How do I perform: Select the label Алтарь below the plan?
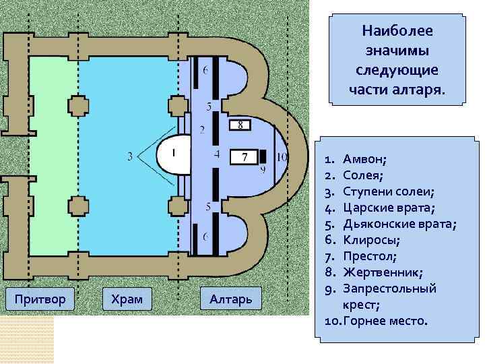(x=230, y=299)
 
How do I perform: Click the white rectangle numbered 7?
(x=245, y=158)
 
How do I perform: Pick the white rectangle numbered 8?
(x=240, y=125)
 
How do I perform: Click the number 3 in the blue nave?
(x=130, y=158)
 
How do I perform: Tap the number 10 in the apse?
(x=282, y=157)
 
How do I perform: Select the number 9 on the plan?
(x=263, y=169)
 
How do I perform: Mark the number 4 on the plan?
(x=216, y=154)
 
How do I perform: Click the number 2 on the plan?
(x=203, y=129)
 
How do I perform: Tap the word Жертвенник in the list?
(x=383, y=272)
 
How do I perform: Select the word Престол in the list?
(x=369, y=256)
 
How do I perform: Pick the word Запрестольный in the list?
(x=389, y=289)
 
